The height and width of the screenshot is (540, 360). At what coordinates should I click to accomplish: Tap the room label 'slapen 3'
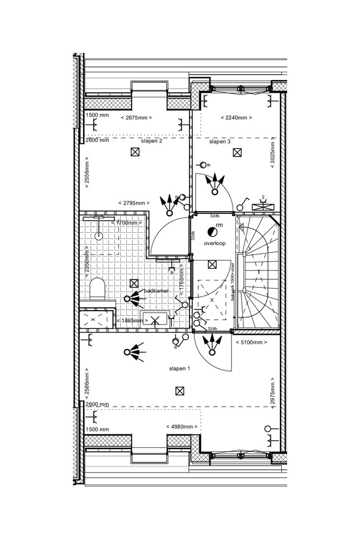220,141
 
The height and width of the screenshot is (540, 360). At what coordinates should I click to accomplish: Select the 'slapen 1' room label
179,368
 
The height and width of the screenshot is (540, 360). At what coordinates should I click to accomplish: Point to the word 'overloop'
214,244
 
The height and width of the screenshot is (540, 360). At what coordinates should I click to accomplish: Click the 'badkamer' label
156,291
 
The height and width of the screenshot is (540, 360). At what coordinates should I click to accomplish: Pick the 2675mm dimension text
136,117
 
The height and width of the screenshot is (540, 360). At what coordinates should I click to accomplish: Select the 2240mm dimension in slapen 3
236,117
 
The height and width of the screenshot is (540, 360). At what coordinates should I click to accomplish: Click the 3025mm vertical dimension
273,153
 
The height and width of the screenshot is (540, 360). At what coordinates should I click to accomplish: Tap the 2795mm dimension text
134,202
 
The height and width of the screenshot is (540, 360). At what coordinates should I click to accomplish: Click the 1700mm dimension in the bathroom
127,222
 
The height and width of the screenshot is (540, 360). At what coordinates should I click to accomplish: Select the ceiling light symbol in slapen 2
134,152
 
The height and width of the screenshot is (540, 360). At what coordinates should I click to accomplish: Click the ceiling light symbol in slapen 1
180,390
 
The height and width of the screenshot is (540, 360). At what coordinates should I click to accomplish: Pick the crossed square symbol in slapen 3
237,152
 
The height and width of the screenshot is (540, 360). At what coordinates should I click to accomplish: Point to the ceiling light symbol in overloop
212,264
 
